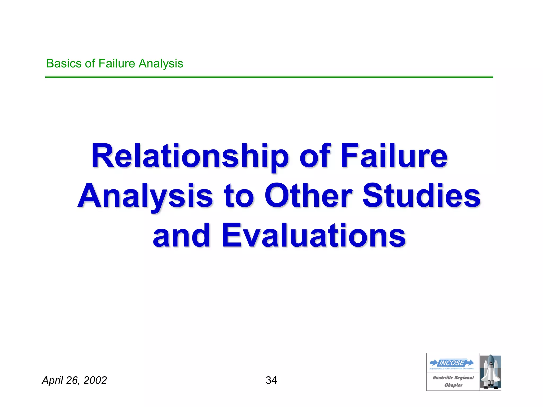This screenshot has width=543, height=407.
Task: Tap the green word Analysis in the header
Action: [x=161, y=64]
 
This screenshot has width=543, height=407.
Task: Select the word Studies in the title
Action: [x=421, y=196]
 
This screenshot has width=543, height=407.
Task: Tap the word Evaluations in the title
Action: [x=313, y=236]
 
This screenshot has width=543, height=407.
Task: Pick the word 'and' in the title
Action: [x=182, y=236]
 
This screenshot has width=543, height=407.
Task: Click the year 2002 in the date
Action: [x=95, y=381]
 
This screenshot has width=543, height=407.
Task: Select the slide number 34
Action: [x=271, y=381]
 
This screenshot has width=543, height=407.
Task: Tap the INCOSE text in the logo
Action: [x=452, y=363]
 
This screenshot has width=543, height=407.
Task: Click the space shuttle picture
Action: [x=490, y=372]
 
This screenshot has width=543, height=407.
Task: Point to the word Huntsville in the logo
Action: [x=443, y=378]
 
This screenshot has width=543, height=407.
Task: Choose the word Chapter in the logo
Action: [x=453, y=385]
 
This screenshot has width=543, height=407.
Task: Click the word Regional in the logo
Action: [x=464, y=378]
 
